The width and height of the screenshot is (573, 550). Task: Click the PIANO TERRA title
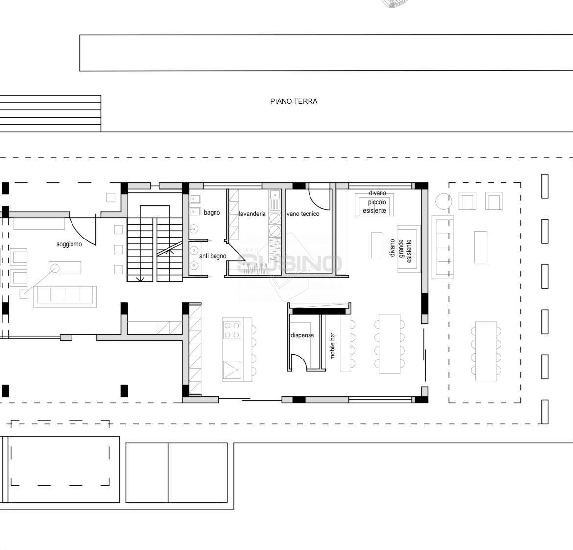[x=294, y=101]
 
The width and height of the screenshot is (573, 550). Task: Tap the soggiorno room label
[x=69, y=244]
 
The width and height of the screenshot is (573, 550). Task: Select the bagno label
[x=212, y=213]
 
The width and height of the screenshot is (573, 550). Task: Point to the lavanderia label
[x=252, y=214]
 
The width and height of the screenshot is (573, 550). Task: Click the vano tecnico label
[x=303, y=214]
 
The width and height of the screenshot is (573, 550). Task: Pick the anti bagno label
[x=213, y=256]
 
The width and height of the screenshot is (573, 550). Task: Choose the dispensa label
[x=302, y=335]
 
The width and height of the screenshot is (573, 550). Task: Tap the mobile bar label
[x=333, y=346]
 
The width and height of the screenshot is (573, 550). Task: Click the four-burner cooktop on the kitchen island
[x=232, y=330]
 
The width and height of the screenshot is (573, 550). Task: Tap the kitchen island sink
[x=232, y=370]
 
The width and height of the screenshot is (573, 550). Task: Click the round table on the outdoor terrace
[x=444, y=201]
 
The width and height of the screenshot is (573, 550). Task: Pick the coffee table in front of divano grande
[x=377, y=245]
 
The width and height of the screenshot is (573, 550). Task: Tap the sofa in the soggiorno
[x=65, y=296]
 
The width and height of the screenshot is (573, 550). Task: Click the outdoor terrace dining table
[x=486, y=351]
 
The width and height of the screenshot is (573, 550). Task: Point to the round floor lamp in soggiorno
[x=54, y=269]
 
